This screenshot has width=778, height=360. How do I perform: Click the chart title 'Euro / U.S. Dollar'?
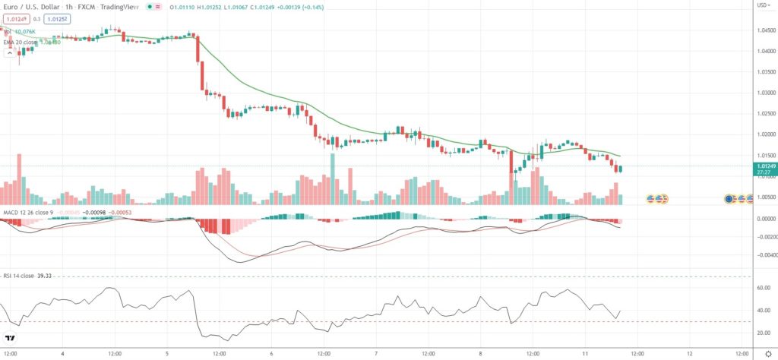[30, 6]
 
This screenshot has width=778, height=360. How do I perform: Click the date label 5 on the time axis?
[166, 354]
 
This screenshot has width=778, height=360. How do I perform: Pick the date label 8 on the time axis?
[481, 354]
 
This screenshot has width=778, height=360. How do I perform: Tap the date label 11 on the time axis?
[585, 354]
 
